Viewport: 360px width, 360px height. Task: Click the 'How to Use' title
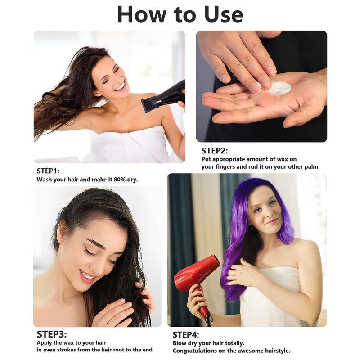[x=180, y=14]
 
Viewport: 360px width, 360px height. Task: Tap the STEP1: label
[x=48, y=171]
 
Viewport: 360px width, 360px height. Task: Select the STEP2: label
[x=215, y=151]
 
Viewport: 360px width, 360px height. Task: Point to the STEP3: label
[x=52, y=334]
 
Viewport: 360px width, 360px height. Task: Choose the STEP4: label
[x=186, y=335]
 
